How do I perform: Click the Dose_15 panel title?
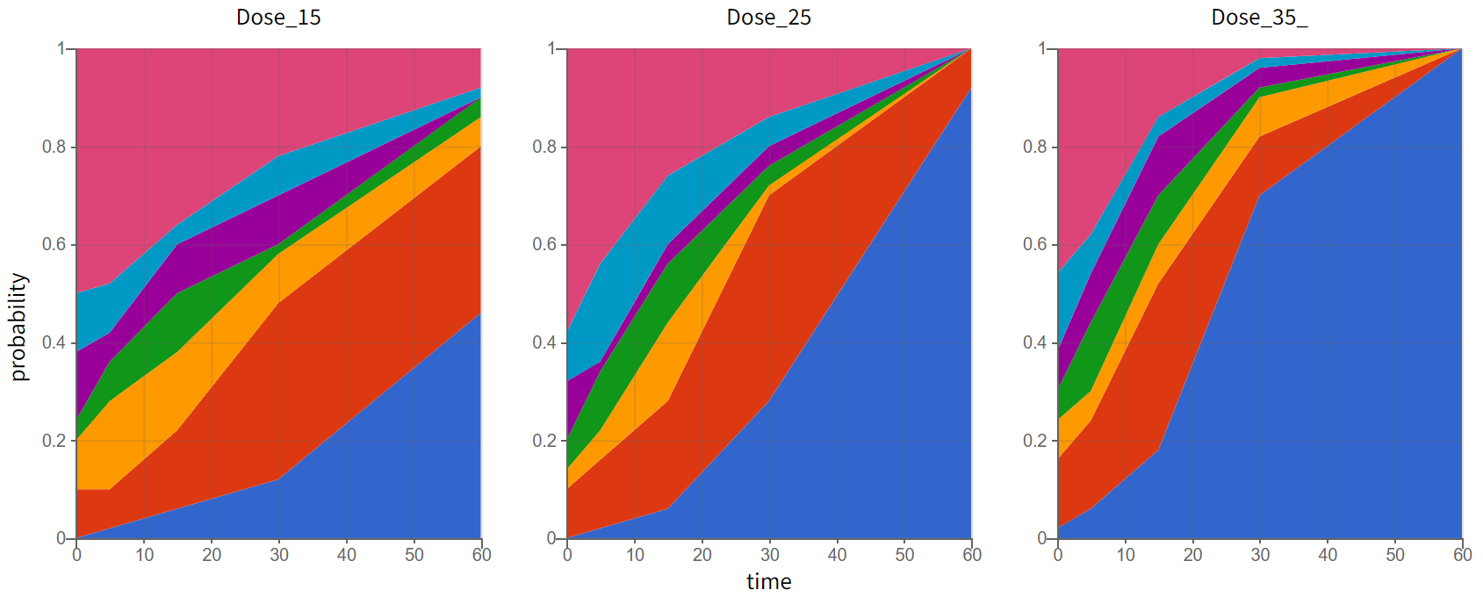(x=278, y=18)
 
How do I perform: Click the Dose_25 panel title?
(x=768, y=18)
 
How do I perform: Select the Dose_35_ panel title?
(x=1259, y=18)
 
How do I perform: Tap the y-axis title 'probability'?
(x=19, y=327)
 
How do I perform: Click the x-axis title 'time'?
(x=768, y=581)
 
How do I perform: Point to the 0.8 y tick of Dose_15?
(x=54, y=147)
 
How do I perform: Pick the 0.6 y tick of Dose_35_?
(x=1034, y=244)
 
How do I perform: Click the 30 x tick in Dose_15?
(x=279, y=555)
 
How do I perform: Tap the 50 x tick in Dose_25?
(x=904, y=555)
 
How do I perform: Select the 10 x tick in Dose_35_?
(x=1126, y=555)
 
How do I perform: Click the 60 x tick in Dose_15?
(x=481, y=555)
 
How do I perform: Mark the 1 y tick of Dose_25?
(x=551, y=48)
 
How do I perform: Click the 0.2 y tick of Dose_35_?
(x=1034, y=441)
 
